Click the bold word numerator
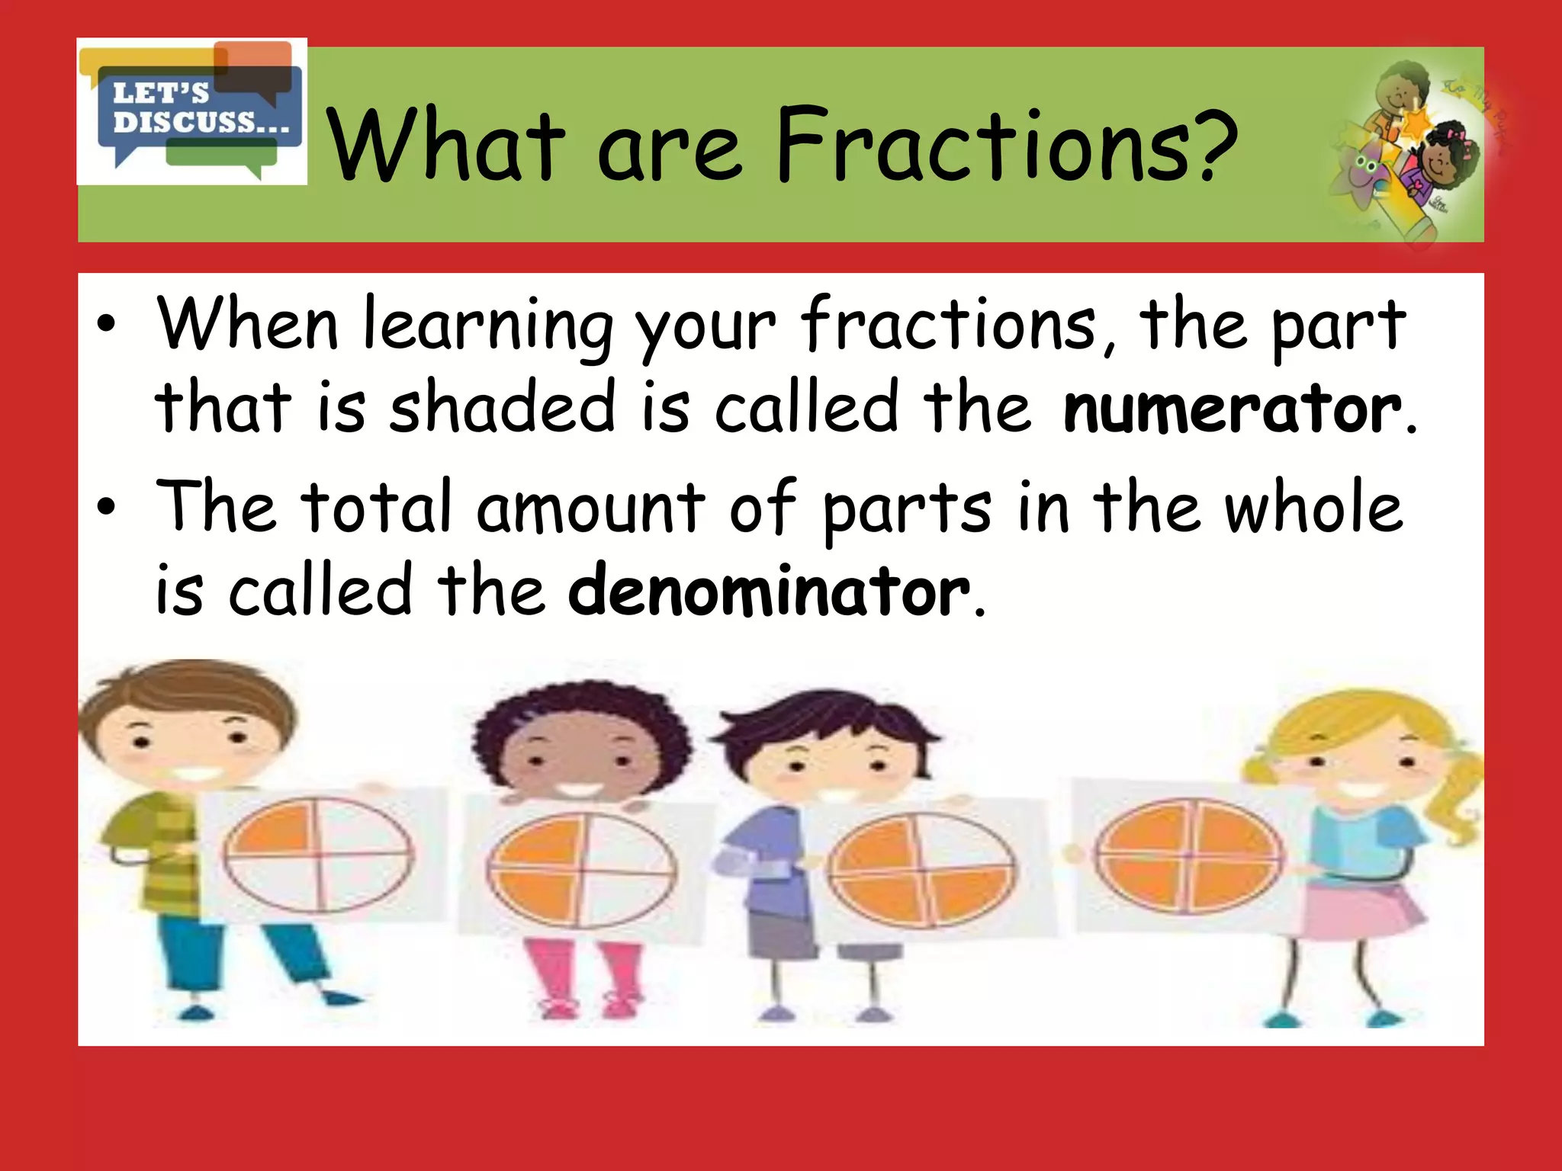pos(1231,409)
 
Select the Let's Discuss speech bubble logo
pos(192,111)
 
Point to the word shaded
pos(502,408)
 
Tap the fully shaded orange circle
pos(1188,855)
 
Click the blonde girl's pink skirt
pos(1365,911)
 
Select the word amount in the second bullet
pos(591,509)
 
